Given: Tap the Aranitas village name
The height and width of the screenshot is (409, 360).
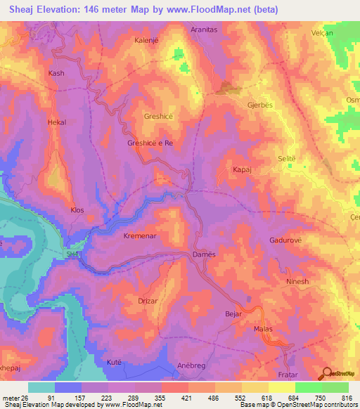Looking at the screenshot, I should [x=206, y=30].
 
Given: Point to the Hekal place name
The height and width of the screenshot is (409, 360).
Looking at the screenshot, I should [x=56, y=122].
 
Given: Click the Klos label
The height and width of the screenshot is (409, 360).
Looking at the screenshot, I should [x=77, y=210].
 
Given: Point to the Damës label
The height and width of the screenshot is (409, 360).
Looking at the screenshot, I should [x=204, y=254].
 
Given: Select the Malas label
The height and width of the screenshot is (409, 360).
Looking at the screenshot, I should [x=262, y=328].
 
